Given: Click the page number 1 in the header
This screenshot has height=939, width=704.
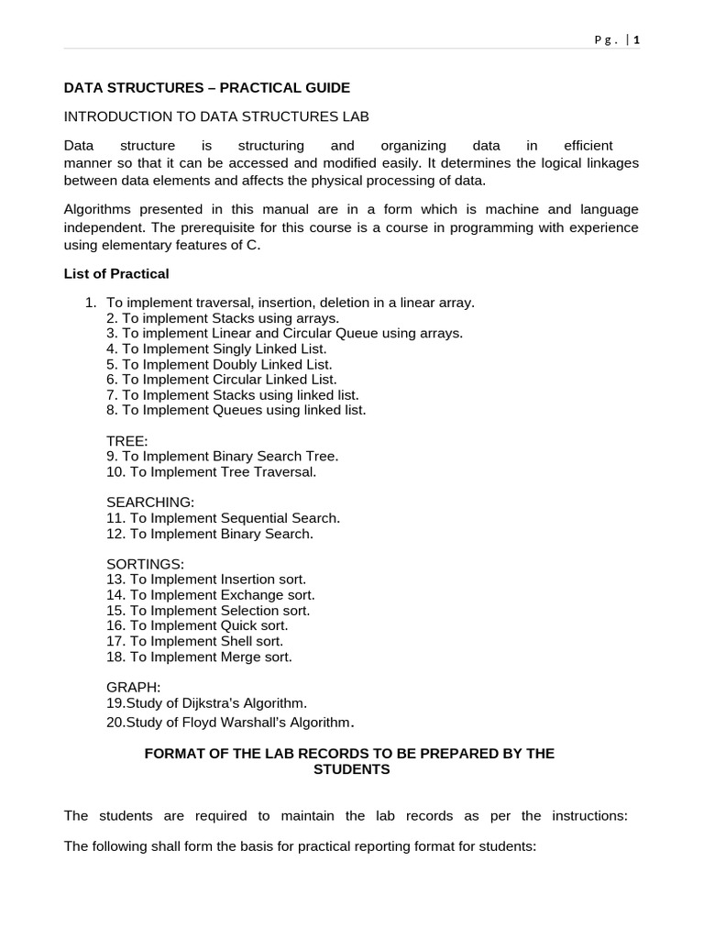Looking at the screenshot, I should (x=636, y=39).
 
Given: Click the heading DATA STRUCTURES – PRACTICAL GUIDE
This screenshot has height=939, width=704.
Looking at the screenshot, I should (x=206, y=88).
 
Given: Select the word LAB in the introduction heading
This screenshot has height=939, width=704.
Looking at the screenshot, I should (x=355, y=116).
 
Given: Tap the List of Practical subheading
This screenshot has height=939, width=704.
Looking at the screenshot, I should (x=116, y=273).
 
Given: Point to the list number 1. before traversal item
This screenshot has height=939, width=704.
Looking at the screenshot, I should (x=90, y=303).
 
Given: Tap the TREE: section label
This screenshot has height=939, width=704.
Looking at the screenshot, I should (x=126, y=441).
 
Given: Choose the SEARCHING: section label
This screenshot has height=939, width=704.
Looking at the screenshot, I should (x=150, y=503).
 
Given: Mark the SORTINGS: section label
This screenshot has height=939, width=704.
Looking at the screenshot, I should (x=145, y=564).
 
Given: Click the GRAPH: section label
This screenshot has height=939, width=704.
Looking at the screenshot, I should (x=133, y=687).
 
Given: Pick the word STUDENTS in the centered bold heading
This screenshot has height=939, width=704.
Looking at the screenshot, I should (x=351, y=769).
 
